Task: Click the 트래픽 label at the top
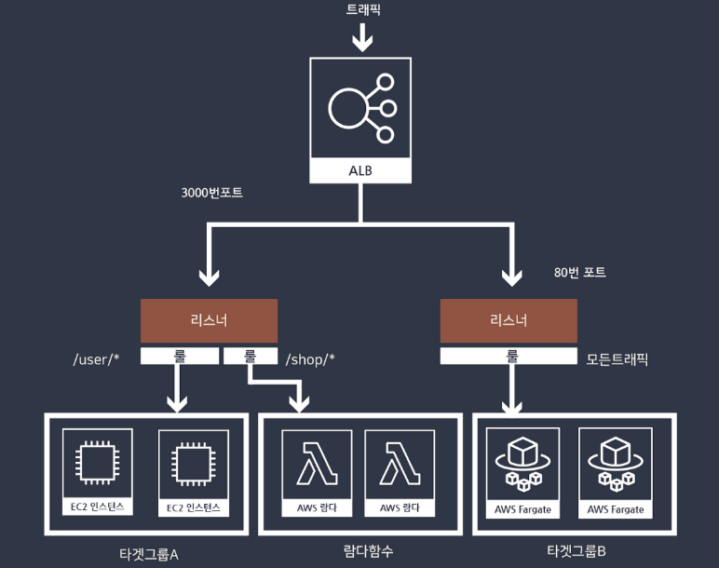(361, 10)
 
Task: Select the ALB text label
(361, 171)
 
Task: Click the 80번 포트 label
(579, 273)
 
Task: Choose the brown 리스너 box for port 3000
(209, 320)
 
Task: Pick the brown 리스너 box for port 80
(509, 320)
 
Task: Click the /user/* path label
(97, 359)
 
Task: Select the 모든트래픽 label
(617, 358)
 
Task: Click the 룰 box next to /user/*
(180, 355)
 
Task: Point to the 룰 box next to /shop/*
(251, 355)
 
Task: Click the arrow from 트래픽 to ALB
(361, 39)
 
